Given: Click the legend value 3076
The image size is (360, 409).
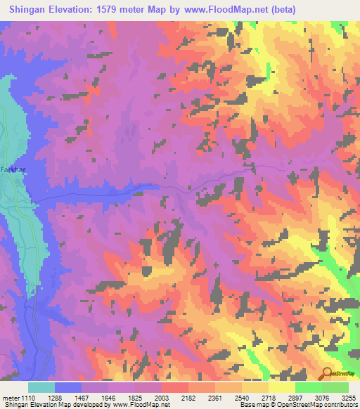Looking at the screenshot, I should pos(321,397).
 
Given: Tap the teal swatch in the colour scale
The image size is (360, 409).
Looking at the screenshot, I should pos(41,387).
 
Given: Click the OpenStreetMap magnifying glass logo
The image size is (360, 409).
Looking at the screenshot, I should pos(327,374).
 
